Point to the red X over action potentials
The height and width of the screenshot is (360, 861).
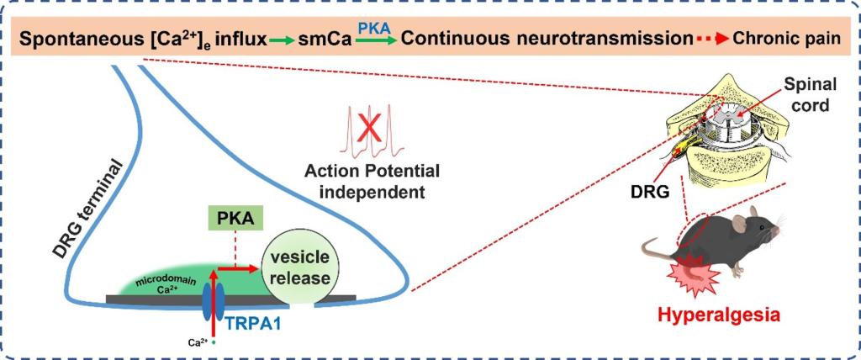[x=367, y=129]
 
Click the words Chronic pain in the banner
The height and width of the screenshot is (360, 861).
[x=793, y=39]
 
